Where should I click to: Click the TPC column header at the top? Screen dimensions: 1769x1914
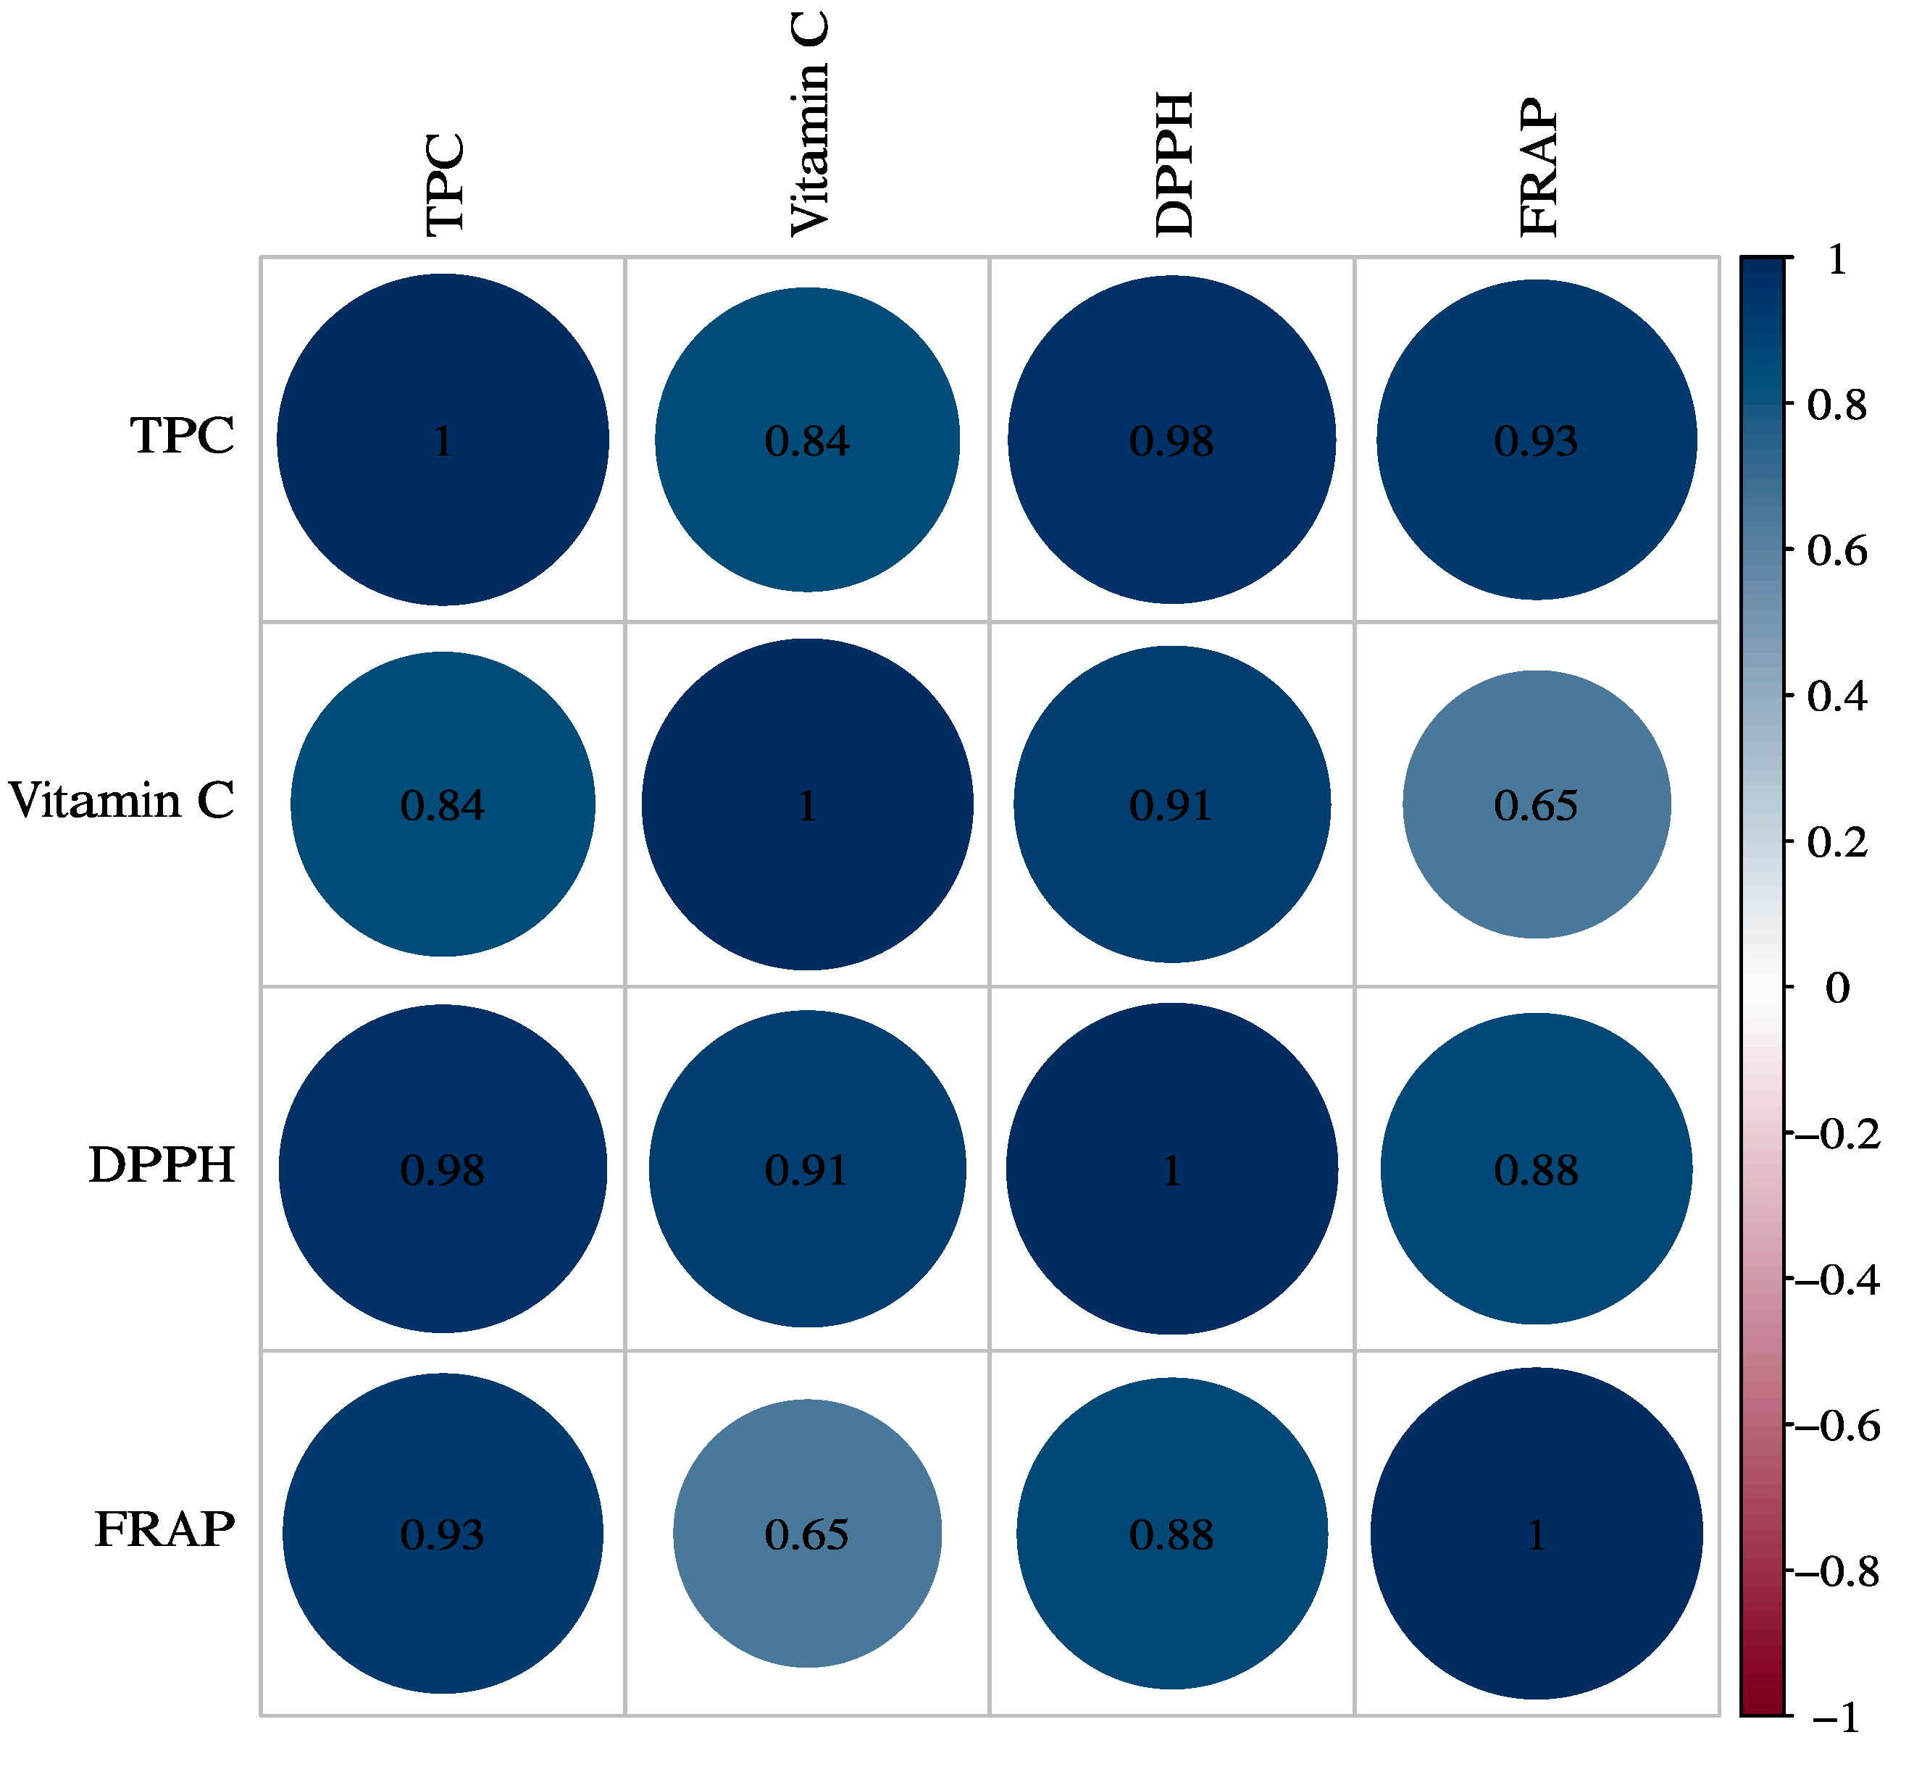446,184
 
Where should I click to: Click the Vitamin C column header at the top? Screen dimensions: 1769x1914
809,125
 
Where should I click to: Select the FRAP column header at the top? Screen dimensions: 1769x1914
1539,167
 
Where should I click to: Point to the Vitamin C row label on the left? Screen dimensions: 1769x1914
122,801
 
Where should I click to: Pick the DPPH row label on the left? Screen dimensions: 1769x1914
162,1166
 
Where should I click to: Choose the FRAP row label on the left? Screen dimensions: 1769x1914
164,1530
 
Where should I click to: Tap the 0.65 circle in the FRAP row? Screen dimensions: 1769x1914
807,1534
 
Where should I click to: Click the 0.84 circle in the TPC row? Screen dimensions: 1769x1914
807,440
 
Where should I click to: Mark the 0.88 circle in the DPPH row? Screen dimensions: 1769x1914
1536,1169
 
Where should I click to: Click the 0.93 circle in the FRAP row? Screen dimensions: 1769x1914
443,1534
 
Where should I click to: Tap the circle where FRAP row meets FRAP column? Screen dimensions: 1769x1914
1536,1534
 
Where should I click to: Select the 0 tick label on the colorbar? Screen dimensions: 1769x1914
1836,988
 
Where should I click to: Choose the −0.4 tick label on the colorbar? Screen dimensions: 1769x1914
1836,1280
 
